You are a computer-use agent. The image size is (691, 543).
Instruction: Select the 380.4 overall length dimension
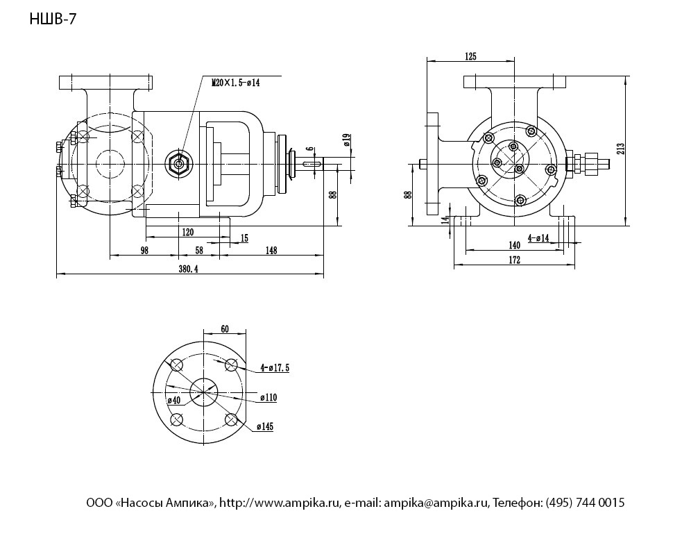click(x=188, y=269)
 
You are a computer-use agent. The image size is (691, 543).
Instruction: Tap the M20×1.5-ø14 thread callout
click(x=236, y=83)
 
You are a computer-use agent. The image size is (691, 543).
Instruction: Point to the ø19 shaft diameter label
click(x=346, y=140)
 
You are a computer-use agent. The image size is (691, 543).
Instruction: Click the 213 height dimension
click(x=621, y=148)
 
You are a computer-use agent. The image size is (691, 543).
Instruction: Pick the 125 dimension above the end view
click(x=470, y=56)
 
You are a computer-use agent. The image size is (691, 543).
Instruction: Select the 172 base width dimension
click(x=514, y=260)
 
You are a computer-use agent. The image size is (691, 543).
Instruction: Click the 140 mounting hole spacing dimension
click(x=514, y=245)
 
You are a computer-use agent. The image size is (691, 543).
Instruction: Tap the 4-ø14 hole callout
click(x=538, y=238)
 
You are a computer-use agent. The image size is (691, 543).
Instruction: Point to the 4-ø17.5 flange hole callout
click(x=275, y=367)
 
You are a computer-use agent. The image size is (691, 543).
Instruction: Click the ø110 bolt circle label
click(x=268, y=397)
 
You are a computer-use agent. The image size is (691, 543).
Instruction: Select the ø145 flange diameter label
click(x=265, y=426)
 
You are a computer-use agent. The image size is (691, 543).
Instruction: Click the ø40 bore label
click(x=174, y=401)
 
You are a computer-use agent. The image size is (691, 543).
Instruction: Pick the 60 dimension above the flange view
click(x=224, y=329)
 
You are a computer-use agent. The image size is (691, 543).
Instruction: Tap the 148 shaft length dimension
click(x=271, y=251)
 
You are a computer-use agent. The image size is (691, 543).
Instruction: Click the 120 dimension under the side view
click(x=188, y=232)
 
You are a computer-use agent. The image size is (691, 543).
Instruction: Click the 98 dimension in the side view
click(x=144, y=251)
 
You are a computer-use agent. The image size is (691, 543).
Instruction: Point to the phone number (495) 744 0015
click(x=585, y=503)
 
